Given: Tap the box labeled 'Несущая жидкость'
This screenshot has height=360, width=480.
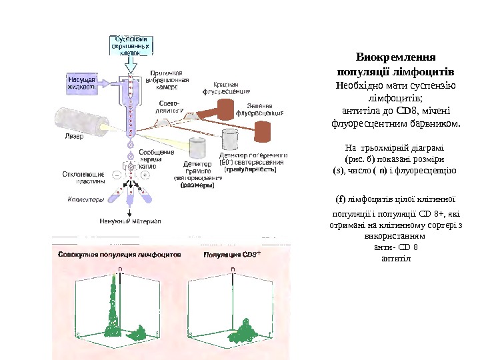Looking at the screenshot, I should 83,83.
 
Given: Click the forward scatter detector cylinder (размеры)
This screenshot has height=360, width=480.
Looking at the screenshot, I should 197,147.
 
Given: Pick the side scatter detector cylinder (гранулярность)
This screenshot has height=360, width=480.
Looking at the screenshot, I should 231,140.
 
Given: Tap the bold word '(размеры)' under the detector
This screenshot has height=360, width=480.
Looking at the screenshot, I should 198,186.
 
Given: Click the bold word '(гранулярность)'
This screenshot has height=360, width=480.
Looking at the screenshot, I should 251,169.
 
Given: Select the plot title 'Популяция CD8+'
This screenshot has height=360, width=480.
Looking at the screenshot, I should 230,255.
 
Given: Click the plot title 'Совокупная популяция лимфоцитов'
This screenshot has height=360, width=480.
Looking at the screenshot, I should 119,255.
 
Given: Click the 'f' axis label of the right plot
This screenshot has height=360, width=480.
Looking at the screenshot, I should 269,333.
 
